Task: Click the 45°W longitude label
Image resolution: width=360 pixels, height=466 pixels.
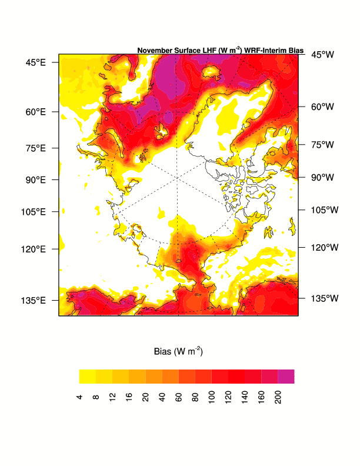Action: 322,55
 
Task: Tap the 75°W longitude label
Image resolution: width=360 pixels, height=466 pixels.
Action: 322,144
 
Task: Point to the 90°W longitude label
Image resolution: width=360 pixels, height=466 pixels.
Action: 322,177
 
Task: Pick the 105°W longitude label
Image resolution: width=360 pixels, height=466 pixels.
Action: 324,209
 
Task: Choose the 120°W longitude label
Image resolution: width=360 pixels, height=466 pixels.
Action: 324,248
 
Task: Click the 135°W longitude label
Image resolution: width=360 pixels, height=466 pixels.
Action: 324,298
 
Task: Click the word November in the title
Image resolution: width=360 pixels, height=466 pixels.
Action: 155,51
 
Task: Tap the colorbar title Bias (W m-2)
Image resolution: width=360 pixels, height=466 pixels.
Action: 178,352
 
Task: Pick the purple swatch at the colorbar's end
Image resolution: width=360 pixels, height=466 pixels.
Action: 286,377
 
